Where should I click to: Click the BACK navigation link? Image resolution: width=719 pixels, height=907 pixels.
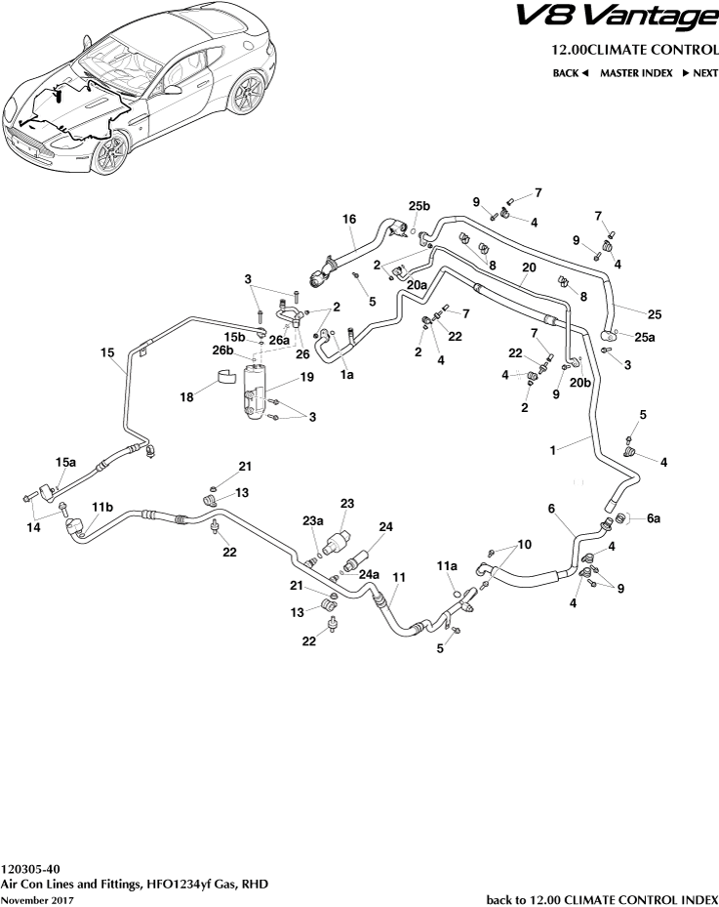(570, 73)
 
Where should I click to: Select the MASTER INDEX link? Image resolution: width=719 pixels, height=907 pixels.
(636, 73)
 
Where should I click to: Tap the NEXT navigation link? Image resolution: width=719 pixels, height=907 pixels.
(699, 73)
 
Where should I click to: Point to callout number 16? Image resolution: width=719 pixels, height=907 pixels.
(348, 221)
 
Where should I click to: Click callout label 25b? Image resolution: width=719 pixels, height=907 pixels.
(419, 206)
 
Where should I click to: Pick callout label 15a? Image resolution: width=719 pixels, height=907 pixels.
(65, 463)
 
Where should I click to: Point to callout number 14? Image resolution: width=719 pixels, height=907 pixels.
(33, 528)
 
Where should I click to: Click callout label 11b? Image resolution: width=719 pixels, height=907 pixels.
(102, 507)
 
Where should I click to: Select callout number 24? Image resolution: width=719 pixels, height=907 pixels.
(385, 527)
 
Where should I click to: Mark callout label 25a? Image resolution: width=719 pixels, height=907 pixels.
(645, 337)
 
